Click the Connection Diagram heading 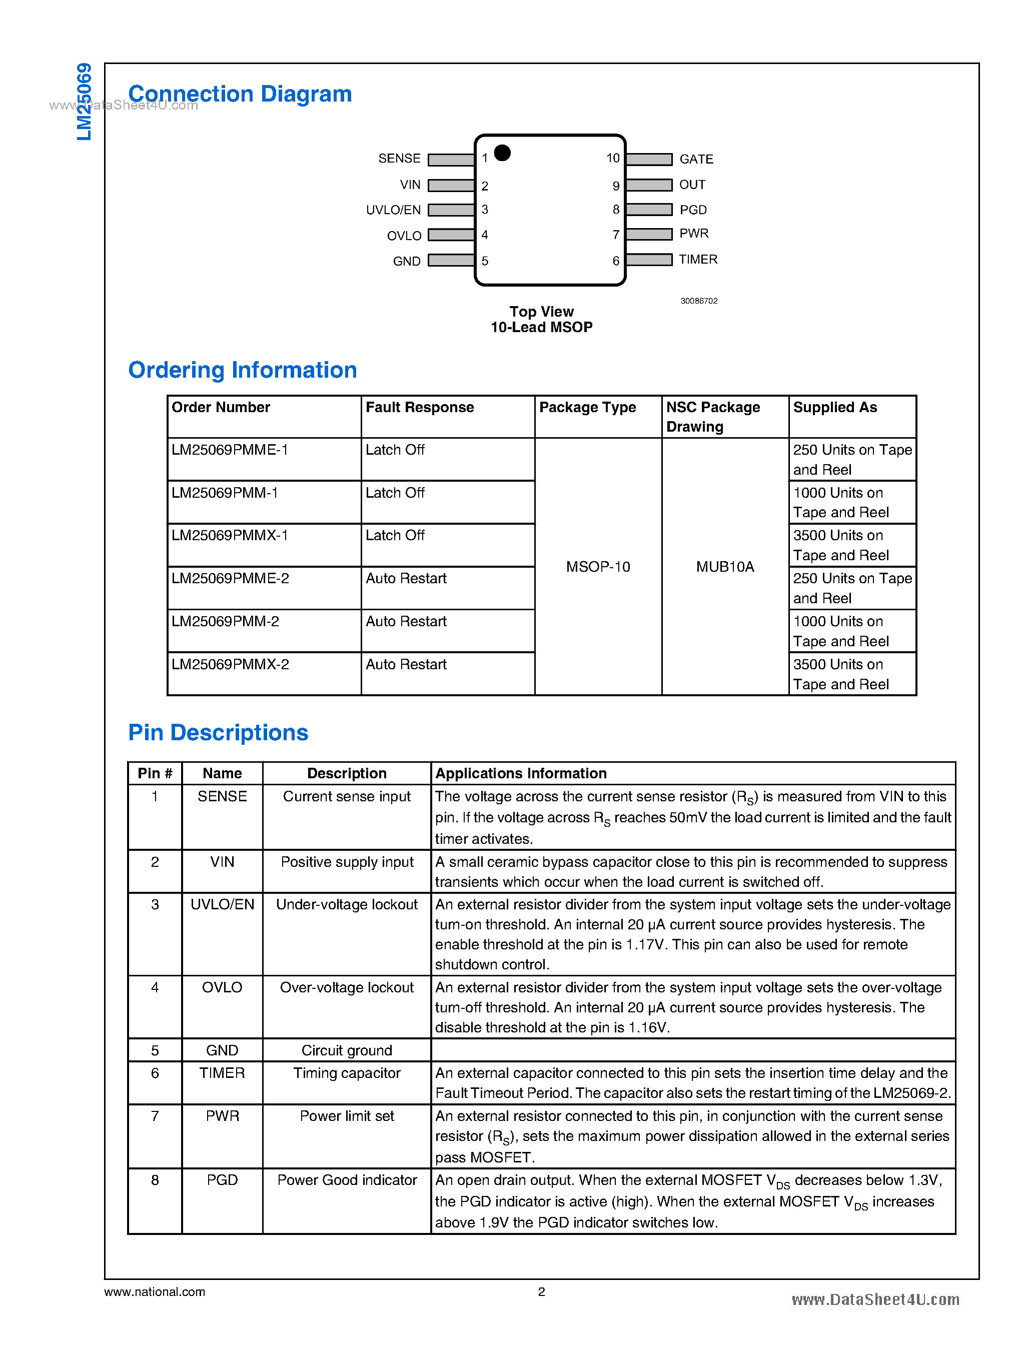[x=240, y=94]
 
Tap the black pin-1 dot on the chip [x=502, y=152]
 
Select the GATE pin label [x=696, y=159]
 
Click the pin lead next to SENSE [x=451, y=160]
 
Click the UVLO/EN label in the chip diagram [x=393, y=210]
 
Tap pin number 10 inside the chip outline [x=612, y=158]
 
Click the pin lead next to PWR [x=649, y=234]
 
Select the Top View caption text [x=541, y=312]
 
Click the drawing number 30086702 [x=699, y=301]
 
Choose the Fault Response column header [x=419, y=407]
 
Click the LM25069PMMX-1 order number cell [x=230, y=535]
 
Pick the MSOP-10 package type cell [x=598, y=566]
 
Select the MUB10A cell [x=724, y=566]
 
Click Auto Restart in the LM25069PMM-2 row [x=406, y=621]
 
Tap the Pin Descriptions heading [x=218, y=733]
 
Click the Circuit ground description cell [x=347, y=1050]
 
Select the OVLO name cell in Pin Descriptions [x=222, y=987]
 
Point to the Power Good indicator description [x=347, y=1180]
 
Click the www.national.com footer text [x=155, y=1291]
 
